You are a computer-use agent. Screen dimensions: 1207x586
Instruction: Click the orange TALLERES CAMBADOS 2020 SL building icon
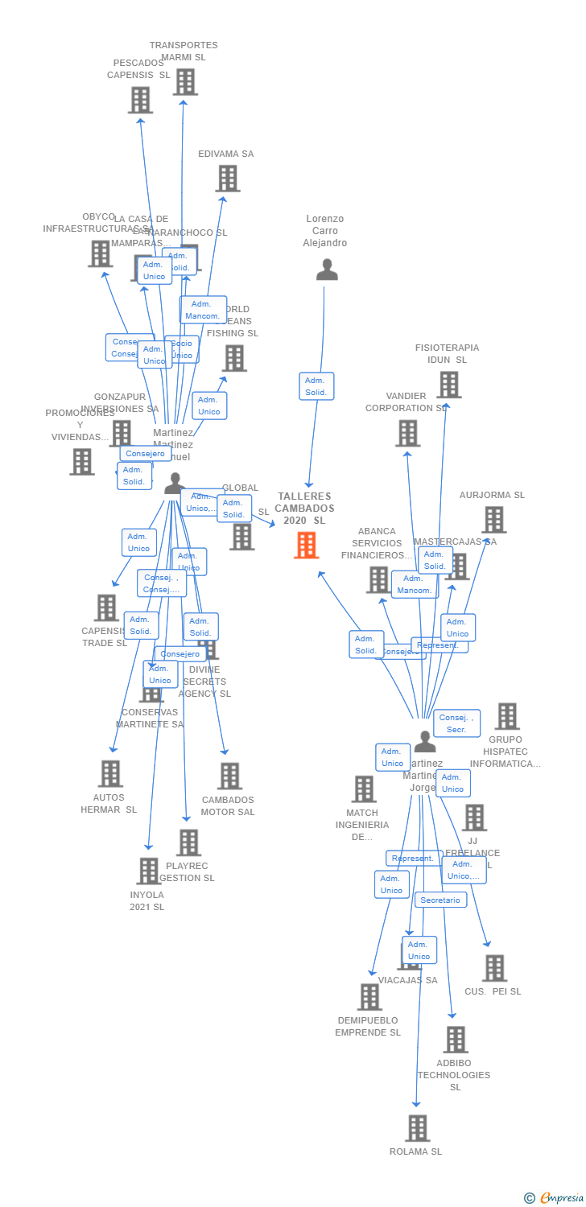point(306,545)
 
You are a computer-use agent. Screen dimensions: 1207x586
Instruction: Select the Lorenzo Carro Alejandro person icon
point(327,270)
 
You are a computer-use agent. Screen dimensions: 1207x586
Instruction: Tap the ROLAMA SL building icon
point(417,1128)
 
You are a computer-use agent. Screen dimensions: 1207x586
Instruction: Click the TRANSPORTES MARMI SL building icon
point(185,82)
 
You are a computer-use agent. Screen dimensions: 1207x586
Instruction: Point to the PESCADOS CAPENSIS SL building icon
point(140,100)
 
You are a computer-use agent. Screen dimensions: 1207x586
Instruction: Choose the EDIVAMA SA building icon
point(228,179)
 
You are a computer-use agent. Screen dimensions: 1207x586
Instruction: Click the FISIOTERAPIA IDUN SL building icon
point(448,385)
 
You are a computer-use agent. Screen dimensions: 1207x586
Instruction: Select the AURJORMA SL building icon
point(494,520)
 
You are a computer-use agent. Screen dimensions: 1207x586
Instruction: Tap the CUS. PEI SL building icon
point(494,968)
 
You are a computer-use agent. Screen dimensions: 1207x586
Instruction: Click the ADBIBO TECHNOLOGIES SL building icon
point(456,1040)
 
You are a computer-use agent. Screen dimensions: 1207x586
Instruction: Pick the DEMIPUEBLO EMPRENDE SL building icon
point(369,997)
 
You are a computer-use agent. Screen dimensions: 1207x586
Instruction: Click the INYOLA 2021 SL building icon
point(148,871)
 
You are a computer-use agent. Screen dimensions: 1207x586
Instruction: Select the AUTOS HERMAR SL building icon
point(110,773)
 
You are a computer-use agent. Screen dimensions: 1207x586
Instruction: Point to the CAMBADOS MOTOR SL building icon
point(229,777)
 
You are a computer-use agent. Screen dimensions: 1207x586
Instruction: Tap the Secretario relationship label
point(440,900)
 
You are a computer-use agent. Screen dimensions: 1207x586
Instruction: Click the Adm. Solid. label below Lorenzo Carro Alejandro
point(316,386)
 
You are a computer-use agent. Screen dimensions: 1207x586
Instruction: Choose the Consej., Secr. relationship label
point(456,723)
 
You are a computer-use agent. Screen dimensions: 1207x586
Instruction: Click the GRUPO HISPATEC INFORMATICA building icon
point(507,716)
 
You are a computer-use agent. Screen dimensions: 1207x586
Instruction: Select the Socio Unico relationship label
point(182,349)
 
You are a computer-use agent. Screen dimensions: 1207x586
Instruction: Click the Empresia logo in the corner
point(555,1198)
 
